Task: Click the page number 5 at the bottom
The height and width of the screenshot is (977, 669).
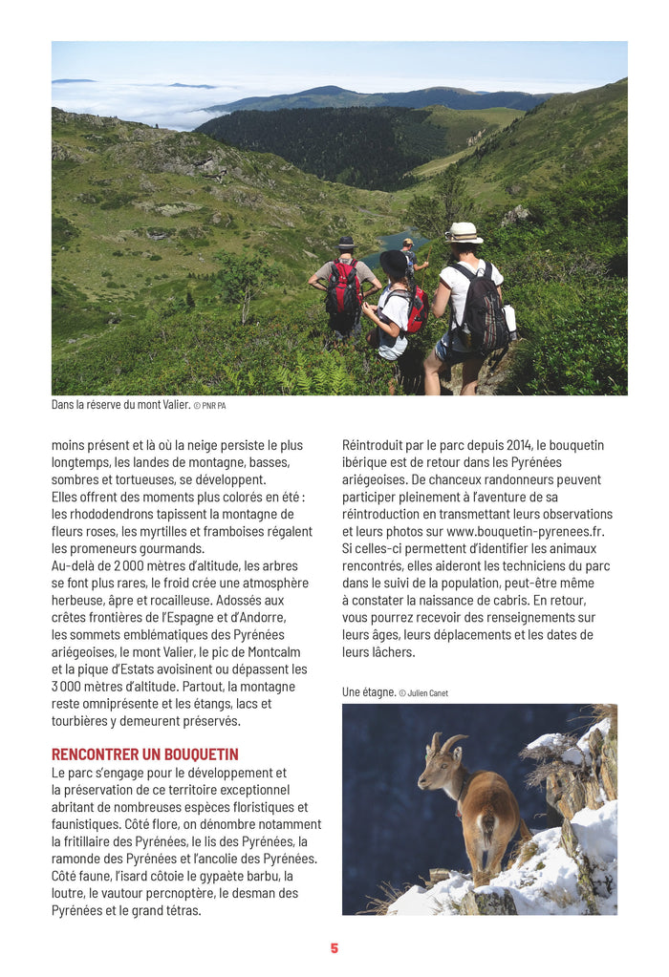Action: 334,948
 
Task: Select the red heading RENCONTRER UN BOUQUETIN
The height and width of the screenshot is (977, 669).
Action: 145,754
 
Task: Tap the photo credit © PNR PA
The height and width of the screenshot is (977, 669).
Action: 210,406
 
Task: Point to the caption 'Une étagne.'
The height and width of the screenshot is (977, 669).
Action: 368,692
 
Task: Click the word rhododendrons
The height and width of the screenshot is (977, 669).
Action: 111,514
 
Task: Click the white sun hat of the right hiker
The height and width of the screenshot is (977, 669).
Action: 464,232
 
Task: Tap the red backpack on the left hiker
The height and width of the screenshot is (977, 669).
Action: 343,288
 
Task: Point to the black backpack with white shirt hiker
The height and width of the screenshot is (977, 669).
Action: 479,308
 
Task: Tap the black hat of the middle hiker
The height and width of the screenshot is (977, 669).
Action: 393,261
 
